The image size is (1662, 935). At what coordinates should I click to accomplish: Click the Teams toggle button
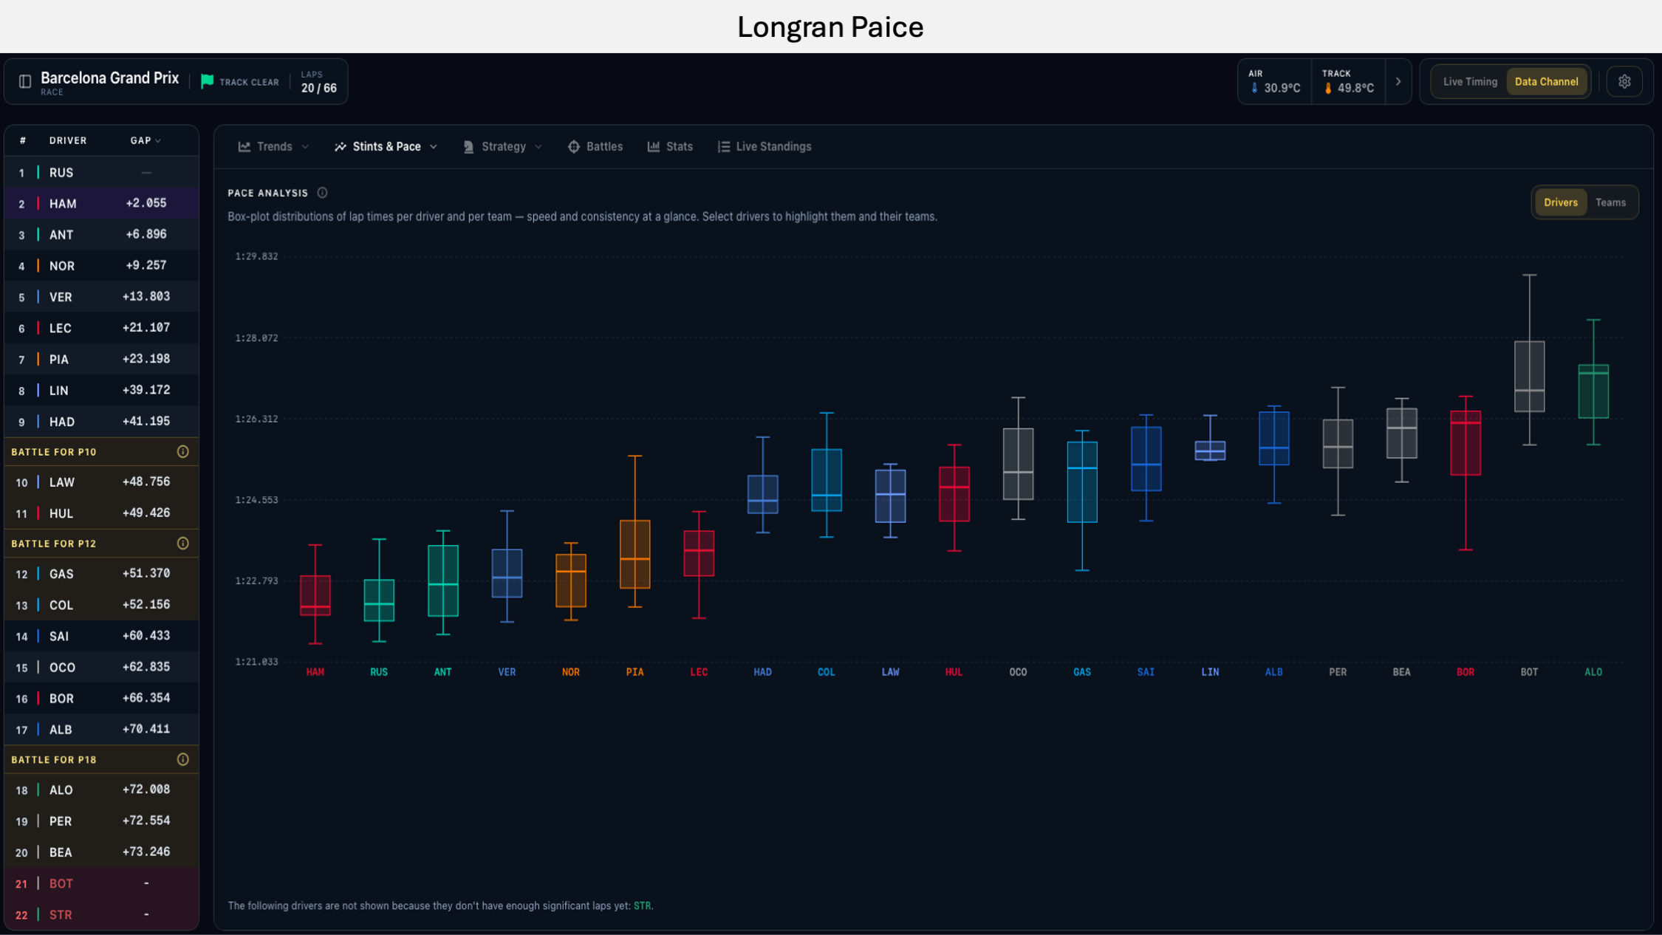tap(1610, 202)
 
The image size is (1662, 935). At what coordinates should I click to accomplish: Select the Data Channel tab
tap(1546, 82)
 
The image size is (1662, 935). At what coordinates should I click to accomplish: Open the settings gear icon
tap(1624, 82)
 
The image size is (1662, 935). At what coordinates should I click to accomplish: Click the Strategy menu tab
tap(503, 147)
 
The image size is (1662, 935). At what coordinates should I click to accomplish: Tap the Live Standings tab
tap(765, 147)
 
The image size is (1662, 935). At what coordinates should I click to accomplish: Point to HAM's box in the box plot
tap(315, 595)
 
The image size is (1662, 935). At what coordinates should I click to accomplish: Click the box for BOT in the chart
tap(1529, 376)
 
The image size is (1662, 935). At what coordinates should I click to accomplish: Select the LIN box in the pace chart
tap(1210, 451)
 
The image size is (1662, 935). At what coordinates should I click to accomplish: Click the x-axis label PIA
tap(635, 672)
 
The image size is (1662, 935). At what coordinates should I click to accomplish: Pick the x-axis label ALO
tap(1593, 672)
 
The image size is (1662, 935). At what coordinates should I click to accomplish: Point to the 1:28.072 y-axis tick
tap(256, 338)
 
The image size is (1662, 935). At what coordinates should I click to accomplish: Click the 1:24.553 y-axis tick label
tap(256, 500)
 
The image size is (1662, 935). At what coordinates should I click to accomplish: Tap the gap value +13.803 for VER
tap(146, 297)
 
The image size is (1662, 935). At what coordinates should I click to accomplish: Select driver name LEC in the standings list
tap(61, 328)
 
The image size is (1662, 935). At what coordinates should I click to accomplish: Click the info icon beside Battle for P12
tap(183, 544)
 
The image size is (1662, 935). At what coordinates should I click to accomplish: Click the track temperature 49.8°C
tap(1355, 88)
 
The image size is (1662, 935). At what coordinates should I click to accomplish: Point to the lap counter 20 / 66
tap(319, 88)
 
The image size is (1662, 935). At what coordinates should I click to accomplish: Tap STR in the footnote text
tap(642, 906)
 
